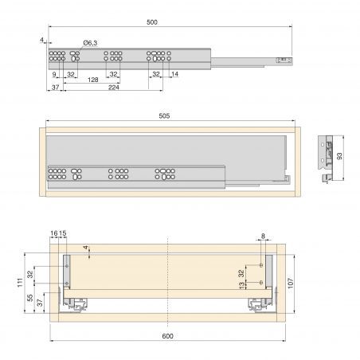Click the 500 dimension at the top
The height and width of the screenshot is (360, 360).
coord(169,24)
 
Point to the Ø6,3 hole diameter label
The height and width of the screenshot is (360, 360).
coord(90,44)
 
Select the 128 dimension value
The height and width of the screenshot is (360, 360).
coord(93,80)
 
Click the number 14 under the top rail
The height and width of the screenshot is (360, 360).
coord(175,74)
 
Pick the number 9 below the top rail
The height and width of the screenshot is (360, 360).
coord(54,74)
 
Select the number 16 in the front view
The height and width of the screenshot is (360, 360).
coord(54,233)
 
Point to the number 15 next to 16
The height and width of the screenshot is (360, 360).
coord(63,233)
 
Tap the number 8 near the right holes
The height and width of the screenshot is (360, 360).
coord(262,237)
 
